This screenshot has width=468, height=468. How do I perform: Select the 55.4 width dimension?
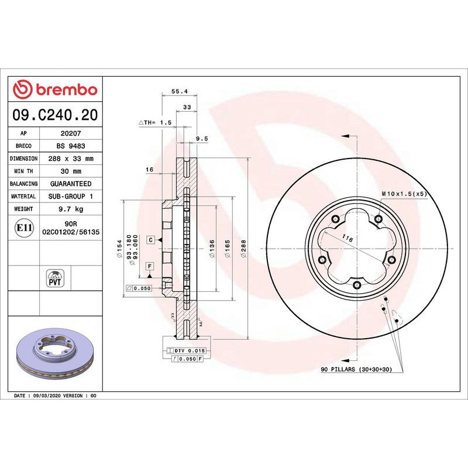179,91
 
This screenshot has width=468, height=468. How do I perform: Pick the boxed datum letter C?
150,240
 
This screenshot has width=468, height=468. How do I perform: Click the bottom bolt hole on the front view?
356,285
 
